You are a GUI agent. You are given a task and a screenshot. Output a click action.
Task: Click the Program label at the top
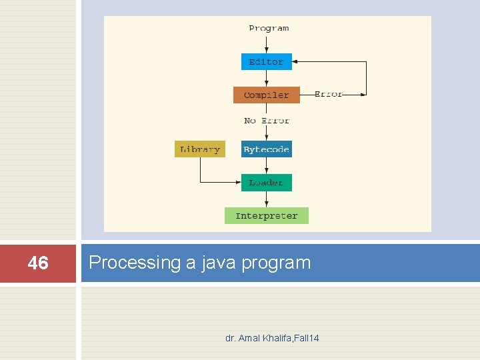tap(269, 28)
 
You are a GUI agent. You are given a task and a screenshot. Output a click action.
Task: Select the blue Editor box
tap(266, 61)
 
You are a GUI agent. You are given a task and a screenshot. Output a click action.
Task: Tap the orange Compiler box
tap(266, 95)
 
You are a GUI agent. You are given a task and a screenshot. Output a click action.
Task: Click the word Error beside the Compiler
tap(328, 95)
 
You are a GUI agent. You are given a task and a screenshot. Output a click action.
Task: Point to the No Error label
tap(266, 121)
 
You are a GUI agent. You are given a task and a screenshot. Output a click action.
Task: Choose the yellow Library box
tap(200, 149)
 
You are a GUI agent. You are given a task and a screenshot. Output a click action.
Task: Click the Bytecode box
tap(266, 149)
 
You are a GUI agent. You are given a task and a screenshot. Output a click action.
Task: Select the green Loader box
tap(266, 182)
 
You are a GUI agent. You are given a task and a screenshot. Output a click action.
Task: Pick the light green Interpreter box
tap(266, 215)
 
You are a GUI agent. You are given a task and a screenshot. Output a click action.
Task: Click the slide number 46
tap(38, 263)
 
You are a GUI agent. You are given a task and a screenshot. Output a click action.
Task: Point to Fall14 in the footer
tap(305, 338)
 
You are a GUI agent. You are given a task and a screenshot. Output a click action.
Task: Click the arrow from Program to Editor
tap(266, 45)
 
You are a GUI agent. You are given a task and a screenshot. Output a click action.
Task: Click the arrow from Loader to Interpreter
tap(266, 199)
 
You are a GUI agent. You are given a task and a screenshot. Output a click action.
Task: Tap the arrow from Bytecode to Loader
tap(266, 166)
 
